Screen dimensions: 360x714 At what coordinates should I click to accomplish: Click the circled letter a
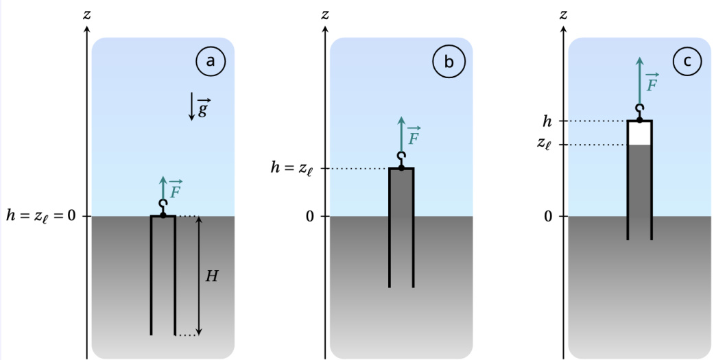(211, 62)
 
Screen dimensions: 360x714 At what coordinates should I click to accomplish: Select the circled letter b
(449, 62)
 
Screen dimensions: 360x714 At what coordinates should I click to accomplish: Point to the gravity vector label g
(204, 109)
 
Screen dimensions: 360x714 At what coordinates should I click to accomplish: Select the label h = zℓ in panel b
(293, 169)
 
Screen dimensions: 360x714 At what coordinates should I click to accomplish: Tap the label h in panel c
(547, 121)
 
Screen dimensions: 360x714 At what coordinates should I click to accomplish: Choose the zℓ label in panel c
(546, 145)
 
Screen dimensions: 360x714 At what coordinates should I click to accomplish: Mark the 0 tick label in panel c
(547, 217)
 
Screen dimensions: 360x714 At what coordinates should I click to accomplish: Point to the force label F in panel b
(414, 137)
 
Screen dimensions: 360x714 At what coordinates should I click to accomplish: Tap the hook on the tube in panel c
(639, 112)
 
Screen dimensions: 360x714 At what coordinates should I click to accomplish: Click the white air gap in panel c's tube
(639, 133)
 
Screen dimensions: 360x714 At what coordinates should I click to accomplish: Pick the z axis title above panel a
(86, 13)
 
